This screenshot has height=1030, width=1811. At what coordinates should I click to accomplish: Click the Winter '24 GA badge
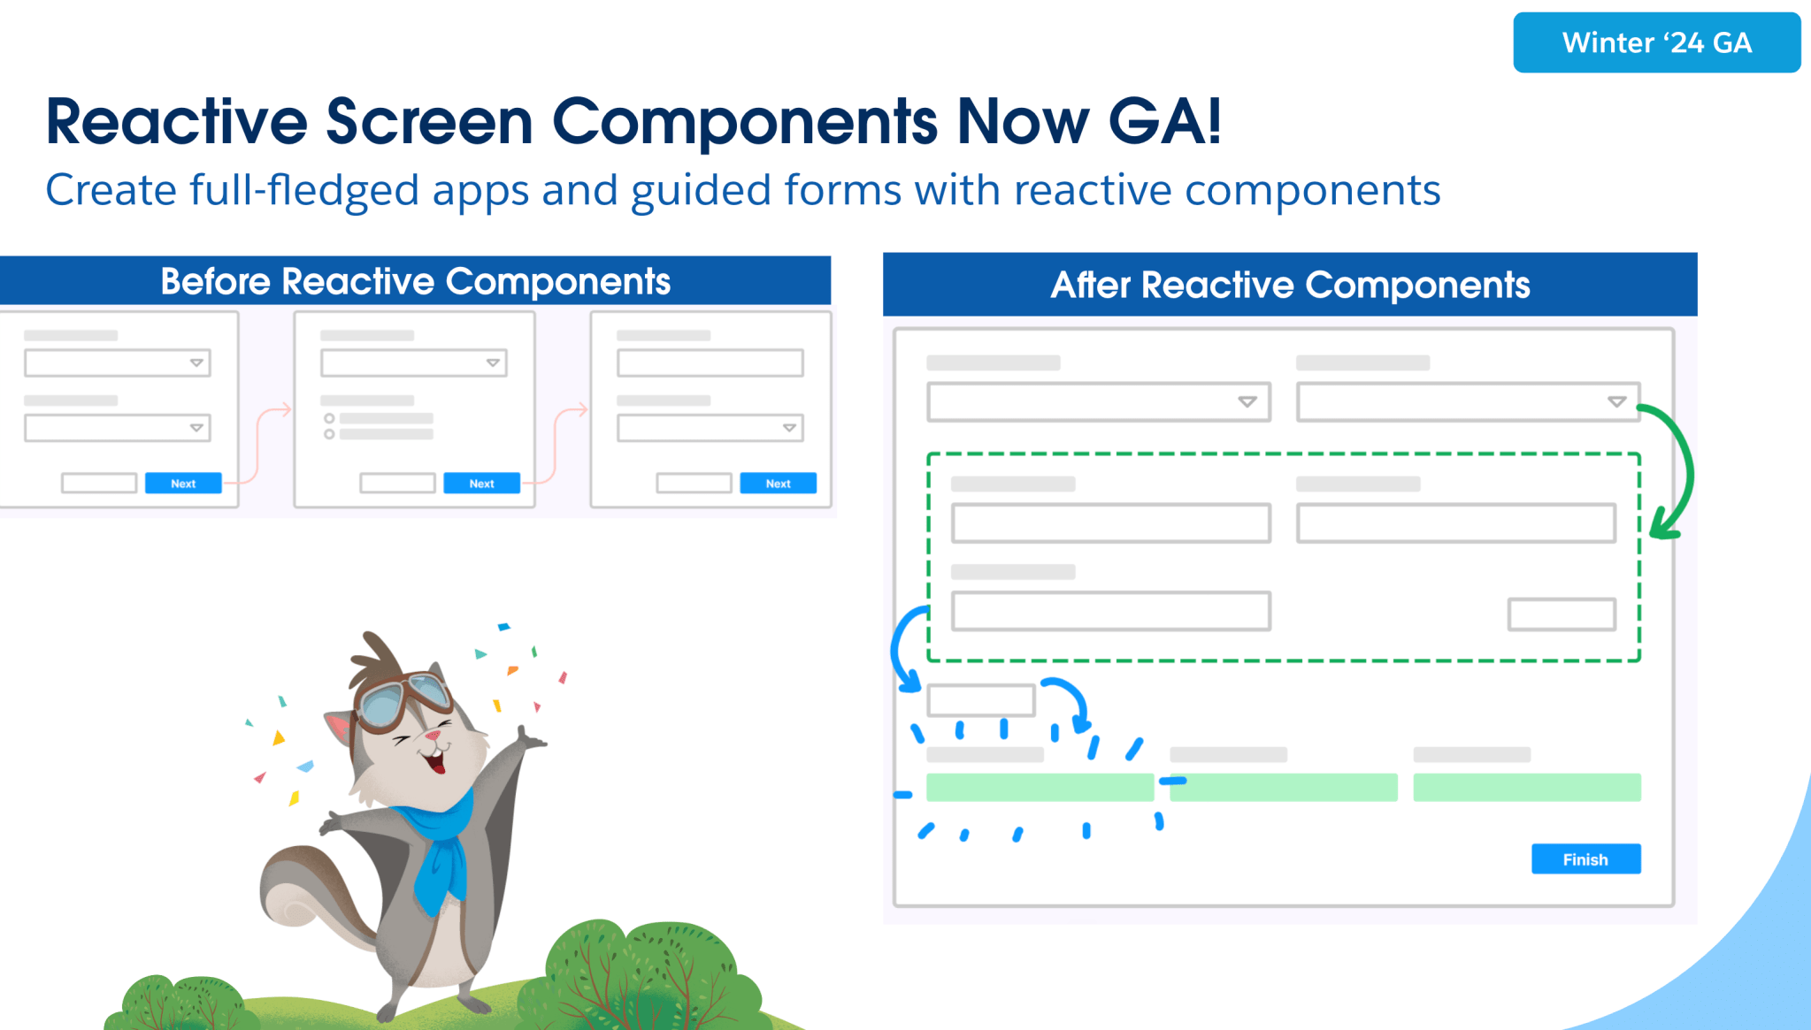(x=1656, y=42)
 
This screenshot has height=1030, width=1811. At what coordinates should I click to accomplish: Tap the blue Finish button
(x=1585, y=858)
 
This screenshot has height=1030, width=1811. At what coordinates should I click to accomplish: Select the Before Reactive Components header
(x=415, y=281)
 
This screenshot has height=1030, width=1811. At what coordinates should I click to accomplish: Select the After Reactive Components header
(x=1290, y=285)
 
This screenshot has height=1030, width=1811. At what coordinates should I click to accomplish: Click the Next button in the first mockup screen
(x=183, y=484)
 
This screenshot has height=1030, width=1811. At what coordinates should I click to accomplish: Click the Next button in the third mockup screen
(x=779, y=484)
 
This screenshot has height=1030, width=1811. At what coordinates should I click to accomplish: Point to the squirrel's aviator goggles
(x=405, y=700)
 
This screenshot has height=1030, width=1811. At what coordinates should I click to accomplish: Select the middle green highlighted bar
(x=1284, y=787)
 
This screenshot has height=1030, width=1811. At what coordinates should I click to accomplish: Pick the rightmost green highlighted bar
(x=1527, y=787)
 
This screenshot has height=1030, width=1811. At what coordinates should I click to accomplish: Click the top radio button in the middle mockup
(x=329, y=418)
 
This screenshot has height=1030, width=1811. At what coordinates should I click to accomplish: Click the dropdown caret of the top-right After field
(x=1616, y=401)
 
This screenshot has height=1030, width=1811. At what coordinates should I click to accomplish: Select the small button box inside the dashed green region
(x=1562, y=614)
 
